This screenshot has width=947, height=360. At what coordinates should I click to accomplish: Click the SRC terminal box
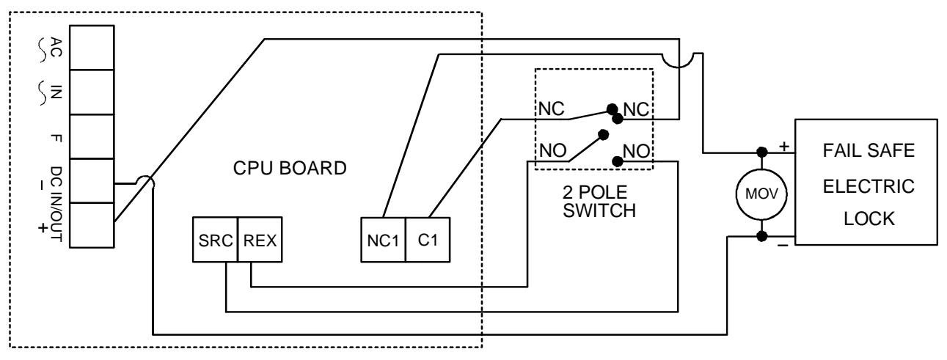pos(215,240)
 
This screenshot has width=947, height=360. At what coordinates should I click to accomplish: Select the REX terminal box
pos(260,240)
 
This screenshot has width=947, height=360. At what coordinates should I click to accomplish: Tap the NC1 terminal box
pos(383,240)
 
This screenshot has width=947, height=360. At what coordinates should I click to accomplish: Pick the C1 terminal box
pos(428,240)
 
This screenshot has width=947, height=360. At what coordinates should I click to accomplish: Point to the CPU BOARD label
pos(290,168)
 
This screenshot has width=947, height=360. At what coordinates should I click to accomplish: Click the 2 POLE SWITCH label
pos(599,202)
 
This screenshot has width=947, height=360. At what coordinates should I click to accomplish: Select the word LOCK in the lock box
pos(869,219)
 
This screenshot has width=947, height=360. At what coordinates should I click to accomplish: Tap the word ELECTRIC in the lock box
pos(869,186)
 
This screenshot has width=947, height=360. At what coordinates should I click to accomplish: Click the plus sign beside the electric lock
pos(784,146)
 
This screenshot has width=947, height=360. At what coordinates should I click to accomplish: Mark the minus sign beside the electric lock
pos(783,246)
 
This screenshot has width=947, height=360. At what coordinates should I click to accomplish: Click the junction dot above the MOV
pos(762,152)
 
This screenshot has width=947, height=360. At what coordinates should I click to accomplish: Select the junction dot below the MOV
pos(762,236)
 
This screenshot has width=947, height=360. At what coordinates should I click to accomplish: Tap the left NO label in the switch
pos(553,150)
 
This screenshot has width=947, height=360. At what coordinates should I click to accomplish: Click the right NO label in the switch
pos(636,151)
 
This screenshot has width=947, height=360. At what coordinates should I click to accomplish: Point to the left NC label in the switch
pos(552,109)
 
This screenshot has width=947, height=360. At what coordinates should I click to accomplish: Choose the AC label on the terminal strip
pos(56,47)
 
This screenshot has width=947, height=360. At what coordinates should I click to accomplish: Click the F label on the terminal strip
pos(56,138)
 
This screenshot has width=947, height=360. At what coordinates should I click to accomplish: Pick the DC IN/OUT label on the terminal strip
pos(56,204)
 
